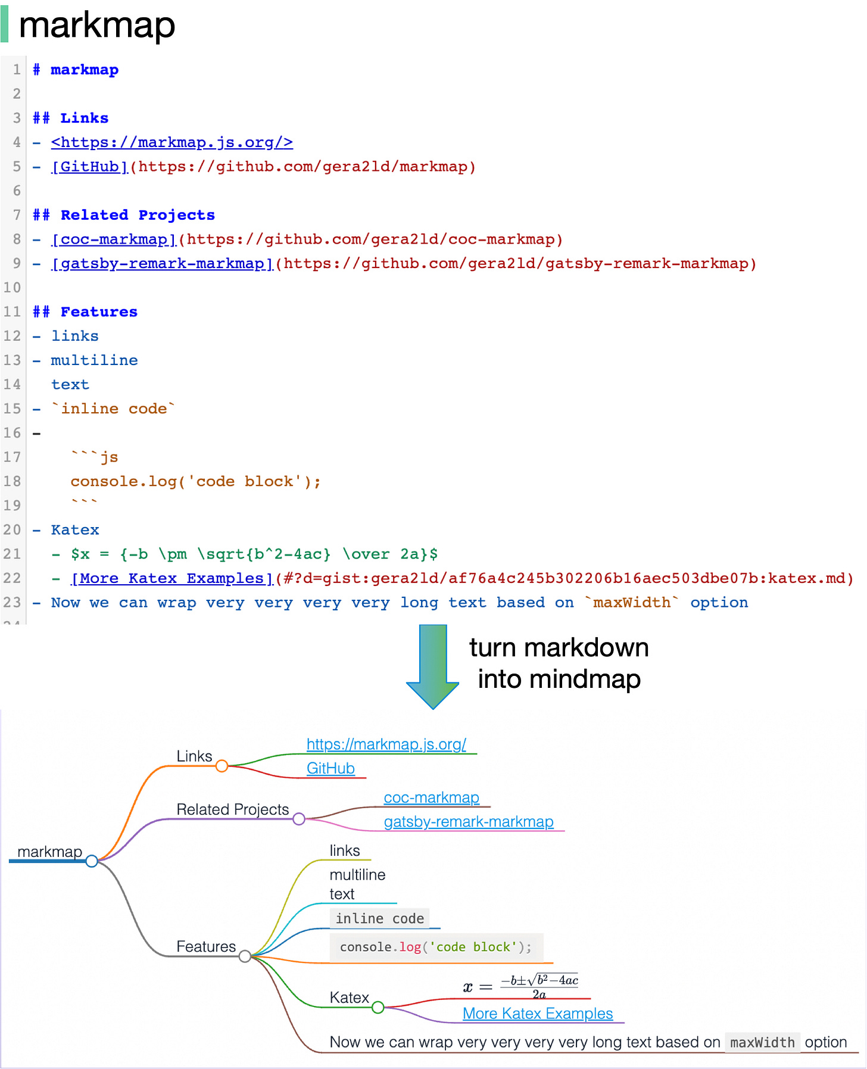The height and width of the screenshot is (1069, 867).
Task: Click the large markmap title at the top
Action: point(97,25)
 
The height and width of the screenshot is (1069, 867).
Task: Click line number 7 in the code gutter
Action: point(17,215)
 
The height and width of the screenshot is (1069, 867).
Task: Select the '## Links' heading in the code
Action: point(71,118)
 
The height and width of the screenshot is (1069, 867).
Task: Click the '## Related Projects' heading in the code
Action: point(124,215)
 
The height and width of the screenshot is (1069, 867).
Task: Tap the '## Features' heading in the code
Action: point(85,312)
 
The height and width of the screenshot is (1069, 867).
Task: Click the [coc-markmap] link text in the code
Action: point(114,239)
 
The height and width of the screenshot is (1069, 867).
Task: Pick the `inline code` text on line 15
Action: point(113,409)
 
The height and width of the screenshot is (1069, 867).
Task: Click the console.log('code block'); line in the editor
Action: point(195,481)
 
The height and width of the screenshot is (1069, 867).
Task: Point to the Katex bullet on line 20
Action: point(75,530)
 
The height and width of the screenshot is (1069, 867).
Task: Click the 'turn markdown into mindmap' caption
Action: point(559,663)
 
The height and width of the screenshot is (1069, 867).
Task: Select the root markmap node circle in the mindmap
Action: point(92,861)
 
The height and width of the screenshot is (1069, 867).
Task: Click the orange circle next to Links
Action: point(222,766)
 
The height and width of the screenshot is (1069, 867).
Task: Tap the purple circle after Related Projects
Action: point(299,819)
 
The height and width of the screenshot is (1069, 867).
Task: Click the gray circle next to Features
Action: point(245,956)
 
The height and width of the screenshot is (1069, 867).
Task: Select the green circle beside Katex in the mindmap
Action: point(378,1008)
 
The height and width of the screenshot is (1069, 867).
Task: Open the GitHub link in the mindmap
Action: point(330,768)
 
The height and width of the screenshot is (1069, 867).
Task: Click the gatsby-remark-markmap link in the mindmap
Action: point(469,822)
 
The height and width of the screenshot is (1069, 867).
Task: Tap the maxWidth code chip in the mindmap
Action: point(762,1043)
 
